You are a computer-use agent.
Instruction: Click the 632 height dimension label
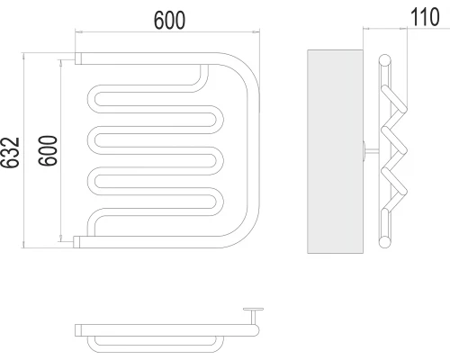pyautogui.click(x=11, y=152)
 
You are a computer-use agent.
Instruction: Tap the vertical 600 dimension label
pyautogui.click(x=48, y=150)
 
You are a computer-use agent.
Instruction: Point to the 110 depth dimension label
pyautogui.click(x=425, y=17)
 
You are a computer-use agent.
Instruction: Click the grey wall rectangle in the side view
pyautogui.click(x=335, y=151)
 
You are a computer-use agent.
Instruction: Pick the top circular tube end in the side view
pyautogui.click(x=384, y=60)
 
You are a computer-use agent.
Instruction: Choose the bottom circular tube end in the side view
pyautogui.click(x=384, y=242)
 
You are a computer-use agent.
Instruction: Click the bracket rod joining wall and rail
pyautogui.click(x=372, y=151)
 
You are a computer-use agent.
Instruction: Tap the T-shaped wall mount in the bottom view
pyautogui.click(x=254, y=316)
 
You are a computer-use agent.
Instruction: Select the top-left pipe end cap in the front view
pyautogui.click(x=78, y=58)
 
